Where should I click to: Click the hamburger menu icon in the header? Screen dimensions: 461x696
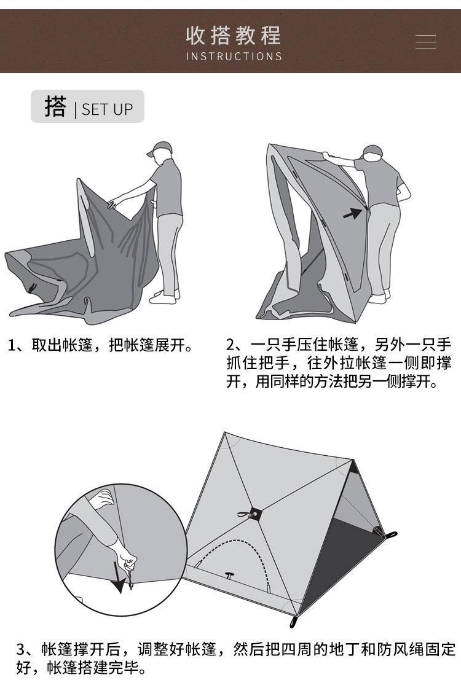pyautogui.click(x=425, y=42)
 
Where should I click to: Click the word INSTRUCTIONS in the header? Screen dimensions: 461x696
pyautogui.click(x=234, y=57)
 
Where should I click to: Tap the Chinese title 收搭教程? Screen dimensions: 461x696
pyautogui.click(x=233, y=35)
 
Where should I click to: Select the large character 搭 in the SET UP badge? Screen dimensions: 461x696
pyautogui.click(x=55, y=106)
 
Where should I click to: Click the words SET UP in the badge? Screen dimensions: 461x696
pyautogui.click(x=107, y=109)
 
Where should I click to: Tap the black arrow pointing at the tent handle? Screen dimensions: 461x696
pyautogui.click(x=352, y=213)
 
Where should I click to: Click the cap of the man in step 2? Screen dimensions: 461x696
pyautogui.click(x=372, y=151)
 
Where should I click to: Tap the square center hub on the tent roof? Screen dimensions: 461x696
pyautogui.click(x=254, y=512)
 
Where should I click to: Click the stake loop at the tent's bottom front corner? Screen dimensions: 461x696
pyautogui.click(x=294, y=622)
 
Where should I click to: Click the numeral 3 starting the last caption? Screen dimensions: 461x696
pyautogui.click(x=21, y=649)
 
